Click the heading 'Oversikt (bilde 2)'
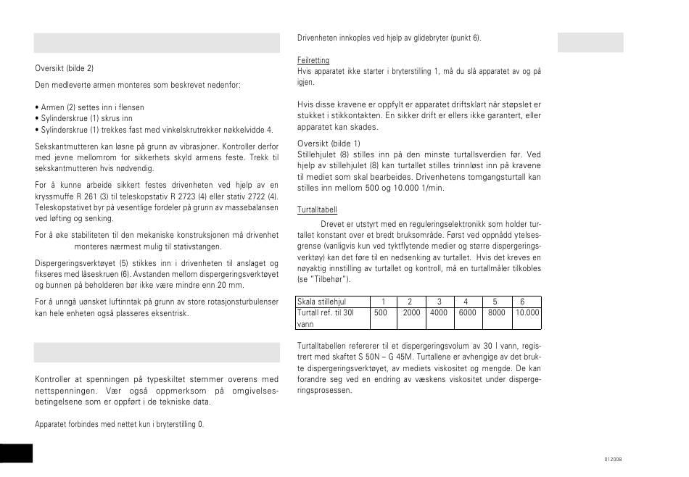[x=65, y=69]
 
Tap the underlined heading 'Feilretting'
[x=313, y=60]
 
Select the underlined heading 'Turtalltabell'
[x=317, y=210]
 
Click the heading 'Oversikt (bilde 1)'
[x=329, y=144]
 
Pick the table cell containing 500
[x=380, y=313]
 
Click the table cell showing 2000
[x=411, y=313]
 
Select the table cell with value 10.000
[x=527, y=313]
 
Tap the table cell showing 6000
[x=467, y=313]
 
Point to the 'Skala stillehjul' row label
[x=322, y=302]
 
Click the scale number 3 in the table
[x=438, y=302]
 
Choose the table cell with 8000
[x=495, y=313]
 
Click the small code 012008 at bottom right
[x=613, y=460]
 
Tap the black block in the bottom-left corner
[x=16, y=451]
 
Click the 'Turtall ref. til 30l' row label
[x=326, y=313]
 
